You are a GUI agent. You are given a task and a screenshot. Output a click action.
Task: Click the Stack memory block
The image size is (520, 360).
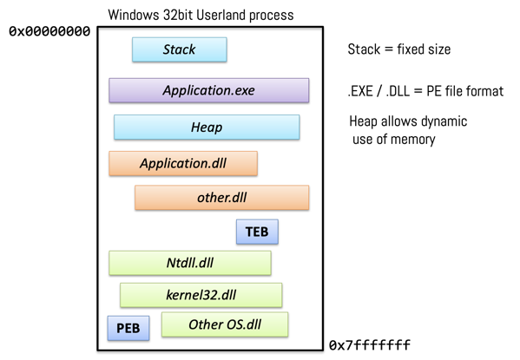179,49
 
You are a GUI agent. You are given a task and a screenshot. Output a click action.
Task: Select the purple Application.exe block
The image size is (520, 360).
208,90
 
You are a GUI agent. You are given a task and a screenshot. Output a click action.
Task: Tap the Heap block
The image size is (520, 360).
206,127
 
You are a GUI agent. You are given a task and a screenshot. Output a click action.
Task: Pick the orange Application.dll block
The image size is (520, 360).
182,163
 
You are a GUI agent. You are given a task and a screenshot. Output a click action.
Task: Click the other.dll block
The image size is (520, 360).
221,197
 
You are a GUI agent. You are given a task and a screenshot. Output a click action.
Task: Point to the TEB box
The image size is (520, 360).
257,232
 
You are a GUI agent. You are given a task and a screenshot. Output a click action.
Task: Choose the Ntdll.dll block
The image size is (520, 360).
189,262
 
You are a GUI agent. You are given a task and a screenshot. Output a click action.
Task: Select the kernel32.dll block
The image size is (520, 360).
201,295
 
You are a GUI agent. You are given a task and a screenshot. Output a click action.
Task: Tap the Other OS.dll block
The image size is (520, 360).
225,325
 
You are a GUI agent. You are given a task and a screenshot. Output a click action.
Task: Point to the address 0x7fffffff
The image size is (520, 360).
369,346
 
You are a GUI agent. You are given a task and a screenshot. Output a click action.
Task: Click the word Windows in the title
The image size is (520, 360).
134,15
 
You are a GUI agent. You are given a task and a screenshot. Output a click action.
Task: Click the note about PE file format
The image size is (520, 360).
425,91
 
